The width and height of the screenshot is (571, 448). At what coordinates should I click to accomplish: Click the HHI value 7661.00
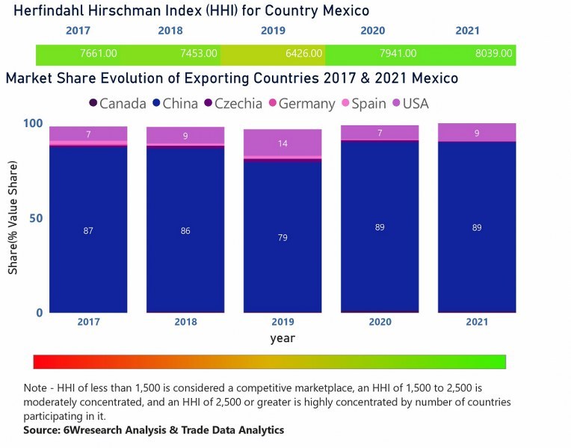click(98, 54)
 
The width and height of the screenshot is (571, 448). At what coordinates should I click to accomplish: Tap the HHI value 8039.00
click(493, 54)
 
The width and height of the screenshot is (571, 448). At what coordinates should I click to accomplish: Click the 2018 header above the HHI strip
click(170, 31)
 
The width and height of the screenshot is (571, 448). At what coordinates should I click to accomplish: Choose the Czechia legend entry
click(232, 104)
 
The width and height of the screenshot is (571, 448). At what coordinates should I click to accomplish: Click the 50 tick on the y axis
click(37, 218)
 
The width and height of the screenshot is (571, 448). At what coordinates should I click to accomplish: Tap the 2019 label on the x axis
click(283, 322)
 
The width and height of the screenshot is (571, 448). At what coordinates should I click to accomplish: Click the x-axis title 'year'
click(283, 338)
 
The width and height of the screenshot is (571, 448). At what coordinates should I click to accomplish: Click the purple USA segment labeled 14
click(283, 143)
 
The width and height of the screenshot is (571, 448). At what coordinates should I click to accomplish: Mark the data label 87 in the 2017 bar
click(88, 231)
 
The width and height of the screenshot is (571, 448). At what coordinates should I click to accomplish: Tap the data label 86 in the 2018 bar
click(185, 231)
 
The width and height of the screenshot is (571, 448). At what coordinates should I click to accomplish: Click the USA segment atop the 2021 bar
click(477, 132)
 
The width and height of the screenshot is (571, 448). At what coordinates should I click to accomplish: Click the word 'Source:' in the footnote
click(44, 431)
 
